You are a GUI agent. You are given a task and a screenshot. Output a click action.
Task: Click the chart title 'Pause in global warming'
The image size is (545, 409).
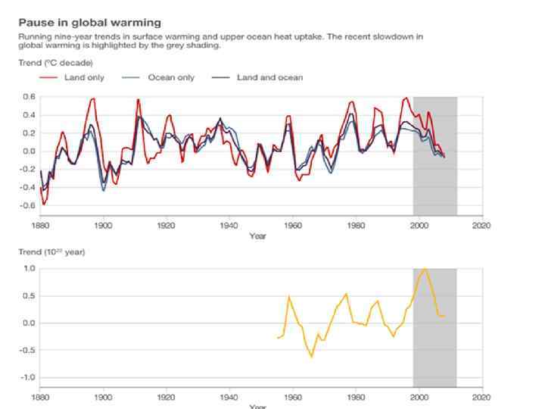click(x=89, y=23)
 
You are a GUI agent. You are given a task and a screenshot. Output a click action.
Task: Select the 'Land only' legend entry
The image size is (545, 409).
click(x=84, y=77)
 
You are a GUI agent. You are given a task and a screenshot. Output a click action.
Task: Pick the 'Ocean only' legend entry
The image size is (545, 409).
click(x=170, y=77)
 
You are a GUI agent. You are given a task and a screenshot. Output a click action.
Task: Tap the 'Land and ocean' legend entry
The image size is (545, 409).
click(x=269, y=77)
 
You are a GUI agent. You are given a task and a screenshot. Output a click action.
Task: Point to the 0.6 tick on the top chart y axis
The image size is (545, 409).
click(x=28, y=97)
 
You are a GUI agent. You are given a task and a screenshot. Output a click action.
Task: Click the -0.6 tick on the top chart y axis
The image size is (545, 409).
click(x=26, y=206)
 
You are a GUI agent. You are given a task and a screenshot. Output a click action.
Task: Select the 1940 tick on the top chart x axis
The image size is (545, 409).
click(x=229, y=225)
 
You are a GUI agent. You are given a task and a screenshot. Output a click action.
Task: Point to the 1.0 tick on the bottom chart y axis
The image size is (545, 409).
click(x=30, y=269)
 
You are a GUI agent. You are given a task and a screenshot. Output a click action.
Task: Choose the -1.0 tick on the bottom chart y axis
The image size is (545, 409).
click(x=27, y=378)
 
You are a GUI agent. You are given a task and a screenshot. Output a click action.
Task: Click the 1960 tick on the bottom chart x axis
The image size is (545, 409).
click(x=292, y=397)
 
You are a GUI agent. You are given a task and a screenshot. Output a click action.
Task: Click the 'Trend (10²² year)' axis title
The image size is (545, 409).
click(x=51, y=252)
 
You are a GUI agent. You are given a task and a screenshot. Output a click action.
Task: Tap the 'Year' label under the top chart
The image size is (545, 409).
click(x=258, y=236)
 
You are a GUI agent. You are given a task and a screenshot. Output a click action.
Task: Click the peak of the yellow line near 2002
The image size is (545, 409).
click(x=425, y=268)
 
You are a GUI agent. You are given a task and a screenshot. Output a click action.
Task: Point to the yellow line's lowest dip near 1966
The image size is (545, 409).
click(x=311, y=357)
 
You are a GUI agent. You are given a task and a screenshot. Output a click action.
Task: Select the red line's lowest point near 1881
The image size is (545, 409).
click(x=44, y=204)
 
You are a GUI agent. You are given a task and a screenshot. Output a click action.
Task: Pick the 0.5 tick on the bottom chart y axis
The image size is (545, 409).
click(x=30, y=296)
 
